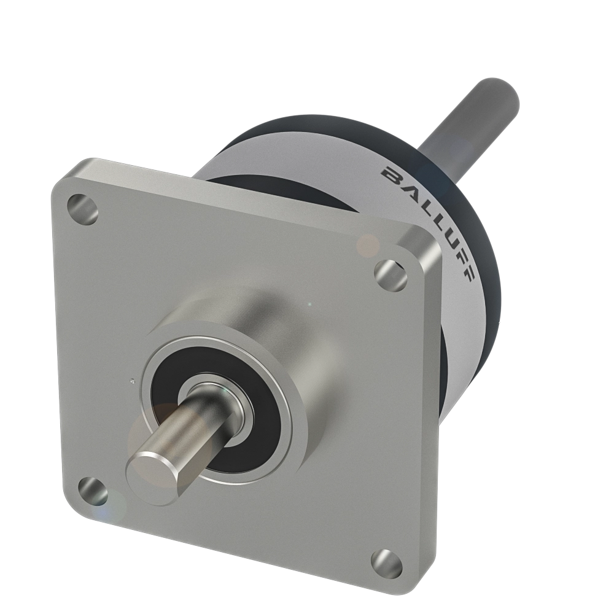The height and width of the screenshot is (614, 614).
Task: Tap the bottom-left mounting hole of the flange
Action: (94, 489)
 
